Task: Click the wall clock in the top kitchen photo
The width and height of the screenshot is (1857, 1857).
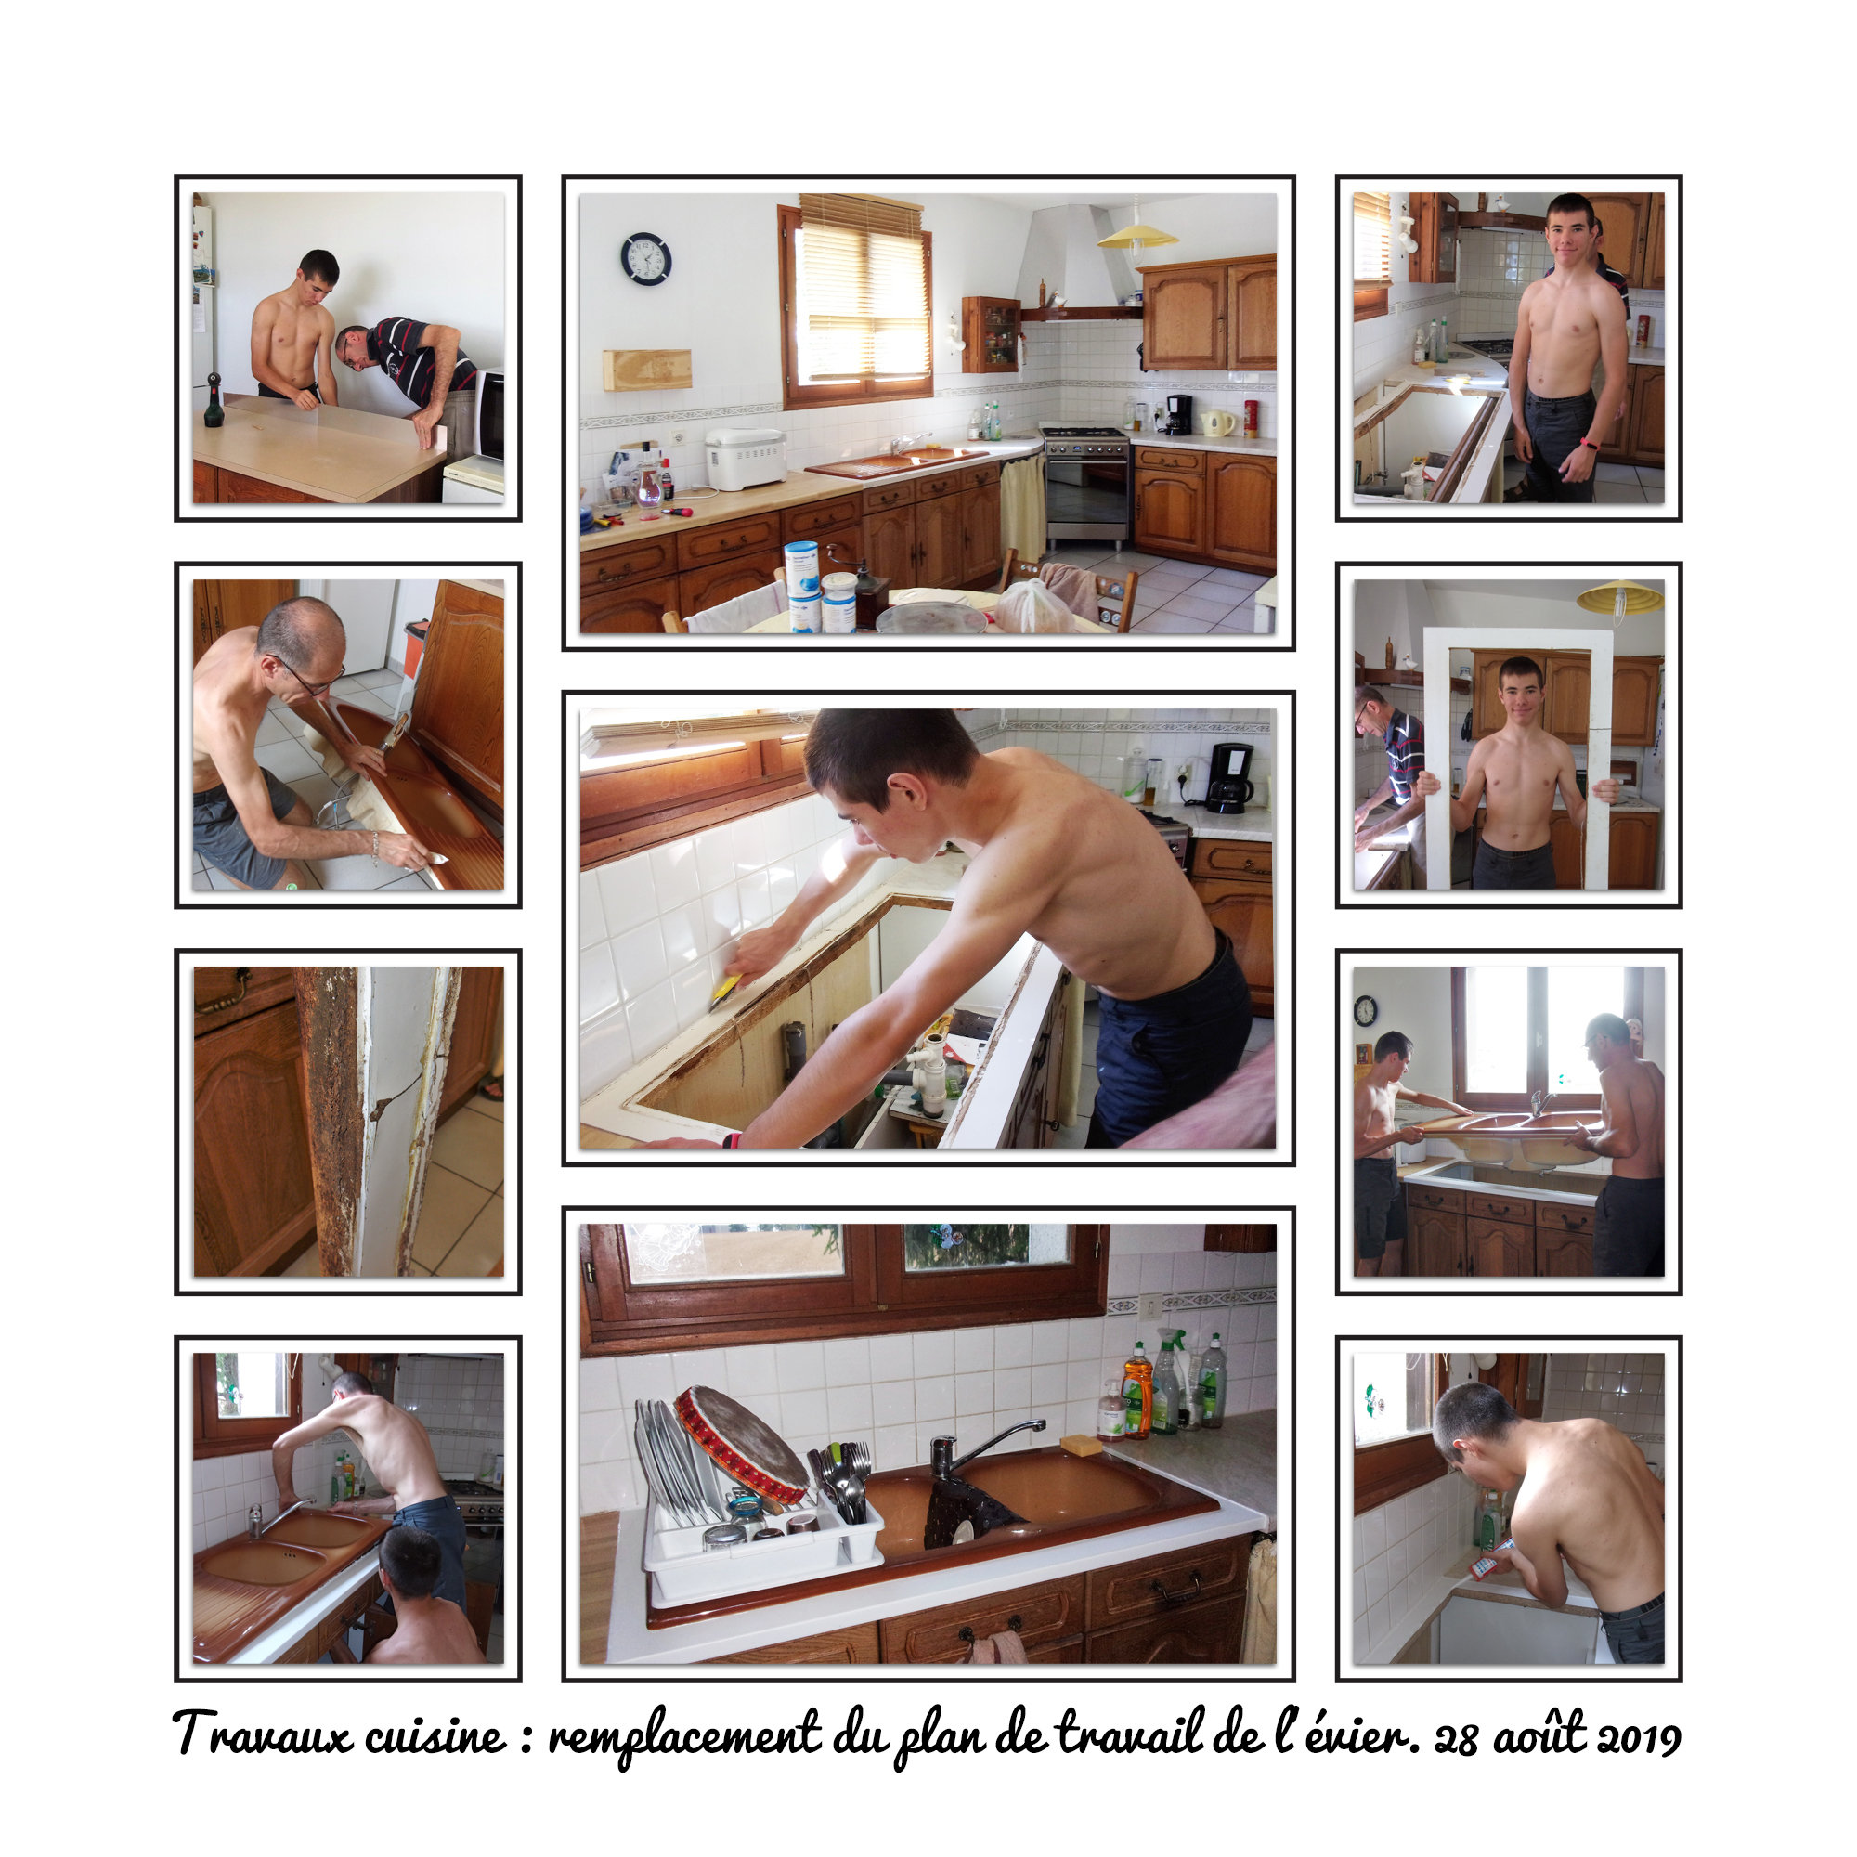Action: [x=646, y=257]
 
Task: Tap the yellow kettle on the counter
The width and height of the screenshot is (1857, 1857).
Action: [x=1216, y=422]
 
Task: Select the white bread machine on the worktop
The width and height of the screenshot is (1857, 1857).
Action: [x=746, y=460]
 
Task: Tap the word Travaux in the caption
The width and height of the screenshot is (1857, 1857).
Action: [x=263, y=1733]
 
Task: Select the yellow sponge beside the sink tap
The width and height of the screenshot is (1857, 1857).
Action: [x=1082, y=1445]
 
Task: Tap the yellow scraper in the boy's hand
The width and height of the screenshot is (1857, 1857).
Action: [x=726, y=992]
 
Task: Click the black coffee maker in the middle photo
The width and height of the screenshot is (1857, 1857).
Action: [x=1228, y=777]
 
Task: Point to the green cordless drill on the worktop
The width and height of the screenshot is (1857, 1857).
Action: [x=214, y=401]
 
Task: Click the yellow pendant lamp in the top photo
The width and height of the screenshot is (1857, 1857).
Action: [x=1137, y=236]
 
